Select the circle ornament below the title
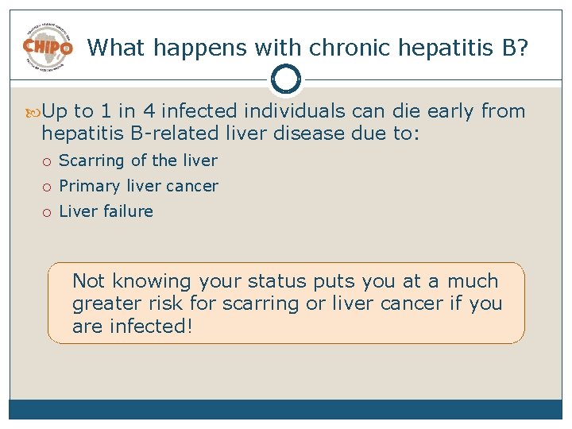(x=286, y=79)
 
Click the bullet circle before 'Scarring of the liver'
(x=48, y=161)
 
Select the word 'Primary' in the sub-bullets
(x=90, y=187)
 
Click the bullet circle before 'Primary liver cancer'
(x=48, y=187)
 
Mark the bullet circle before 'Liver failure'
(x=48, y=212)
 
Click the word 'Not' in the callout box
(x=89, y=281)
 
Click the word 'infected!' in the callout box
(x=151, y=327)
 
